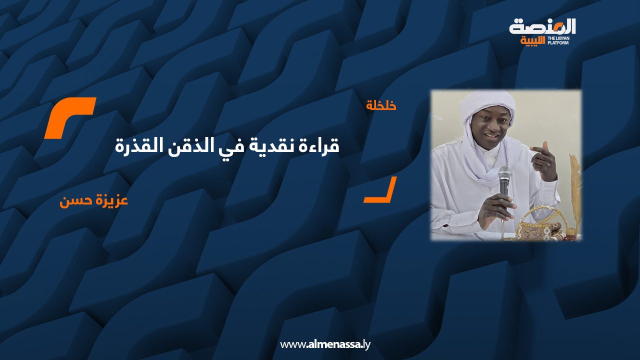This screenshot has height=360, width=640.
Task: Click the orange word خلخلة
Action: coord(381,106)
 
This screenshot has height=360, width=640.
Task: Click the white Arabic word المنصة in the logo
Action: coord(542,26)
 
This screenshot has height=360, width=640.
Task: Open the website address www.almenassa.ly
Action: coord(325,344)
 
